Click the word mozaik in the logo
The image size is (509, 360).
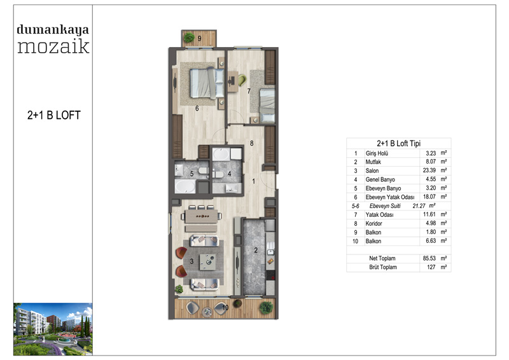53,46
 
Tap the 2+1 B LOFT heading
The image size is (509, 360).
54,115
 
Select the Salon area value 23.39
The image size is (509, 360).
429,170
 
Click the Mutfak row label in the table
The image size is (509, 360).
373,162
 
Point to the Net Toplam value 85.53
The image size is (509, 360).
429,258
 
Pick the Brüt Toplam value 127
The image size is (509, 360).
431,267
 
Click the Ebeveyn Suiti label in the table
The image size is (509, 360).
385,206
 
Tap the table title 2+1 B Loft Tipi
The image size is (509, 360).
399,143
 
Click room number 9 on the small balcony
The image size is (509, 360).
199,38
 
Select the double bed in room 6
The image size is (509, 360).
206,83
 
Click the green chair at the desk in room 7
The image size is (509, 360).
242,80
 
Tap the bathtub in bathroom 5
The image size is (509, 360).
185,186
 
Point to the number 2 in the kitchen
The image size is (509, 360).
256,250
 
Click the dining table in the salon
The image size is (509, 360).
201,216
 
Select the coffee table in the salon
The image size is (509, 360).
208,261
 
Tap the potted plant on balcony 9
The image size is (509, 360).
189,38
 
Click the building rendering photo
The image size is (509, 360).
53,329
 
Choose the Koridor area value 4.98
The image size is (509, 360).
431,223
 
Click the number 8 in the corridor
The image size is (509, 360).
251,143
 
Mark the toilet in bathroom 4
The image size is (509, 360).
218,175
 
